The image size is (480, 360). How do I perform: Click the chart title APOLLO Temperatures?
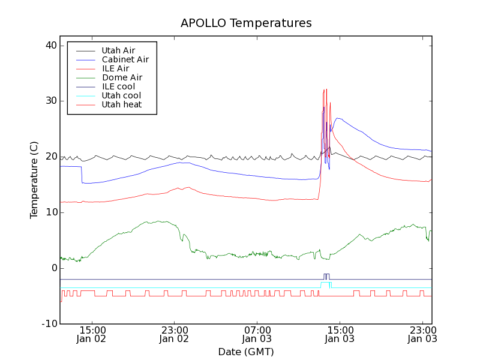246,23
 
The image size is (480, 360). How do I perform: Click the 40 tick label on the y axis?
50,46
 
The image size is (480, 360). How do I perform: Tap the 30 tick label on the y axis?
50,101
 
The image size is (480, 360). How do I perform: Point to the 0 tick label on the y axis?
53,268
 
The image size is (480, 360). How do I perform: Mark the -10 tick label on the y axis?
48,324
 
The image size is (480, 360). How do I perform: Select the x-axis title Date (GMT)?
246,352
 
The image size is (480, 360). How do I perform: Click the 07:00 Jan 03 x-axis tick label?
257,334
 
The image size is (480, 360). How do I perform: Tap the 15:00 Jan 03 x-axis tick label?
340,334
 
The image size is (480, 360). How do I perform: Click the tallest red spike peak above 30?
326,89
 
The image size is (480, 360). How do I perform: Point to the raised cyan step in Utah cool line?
326,283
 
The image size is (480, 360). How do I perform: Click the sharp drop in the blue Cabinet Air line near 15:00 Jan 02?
82,175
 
